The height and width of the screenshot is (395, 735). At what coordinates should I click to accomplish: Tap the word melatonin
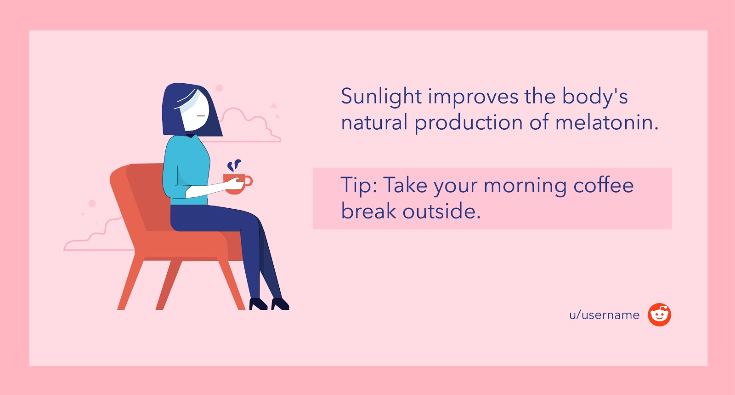click(x=607, y=122)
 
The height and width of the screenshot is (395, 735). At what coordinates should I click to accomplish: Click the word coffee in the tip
click(x=604, y=185)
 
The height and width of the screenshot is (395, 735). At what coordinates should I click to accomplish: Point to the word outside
click(x=441, y=211)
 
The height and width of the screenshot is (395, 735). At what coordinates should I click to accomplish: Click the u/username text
click(x=605, y=315)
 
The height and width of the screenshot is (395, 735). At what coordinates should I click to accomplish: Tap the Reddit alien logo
click(x=659, y=315)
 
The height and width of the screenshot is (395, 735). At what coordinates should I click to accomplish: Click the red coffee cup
click(x=237, y=184)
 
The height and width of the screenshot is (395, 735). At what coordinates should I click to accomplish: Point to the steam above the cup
click(x=234, y=165)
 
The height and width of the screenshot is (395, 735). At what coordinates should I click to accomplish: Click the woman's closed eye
click(x=201, y=116)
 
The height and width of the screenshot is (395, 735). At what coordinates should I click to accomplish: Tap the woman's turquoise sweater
click(x=186, y=169)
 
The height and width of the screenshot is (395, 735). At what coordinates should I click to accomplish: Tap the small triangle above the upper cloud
click(x=274, y=105)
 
